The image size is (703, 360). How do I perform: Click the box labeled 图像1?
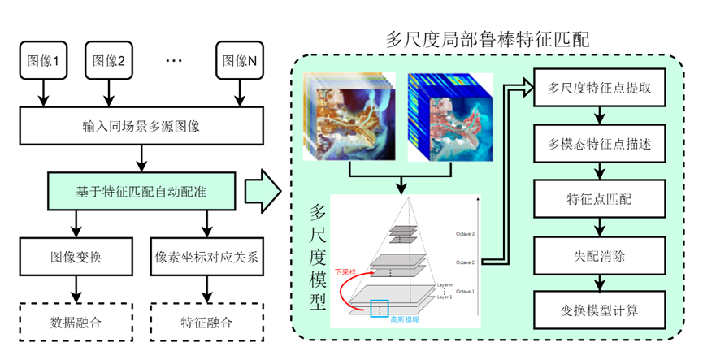[x=44, y=60]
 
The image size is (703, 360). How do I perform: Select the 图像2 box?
[x=109, y=60]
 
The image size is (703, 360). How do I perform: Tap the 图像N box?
[x=241, y=60]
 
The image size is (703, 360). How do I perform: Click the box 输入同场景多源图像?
[x=141, y=126]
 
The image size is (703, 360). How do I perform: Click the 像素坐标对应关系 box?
[x=206, y=258]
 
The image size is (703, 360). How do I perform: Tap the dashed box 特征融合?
[x=206, y=323]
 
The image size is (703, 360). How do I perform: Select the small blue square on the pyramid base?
[x=379, y=308]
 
